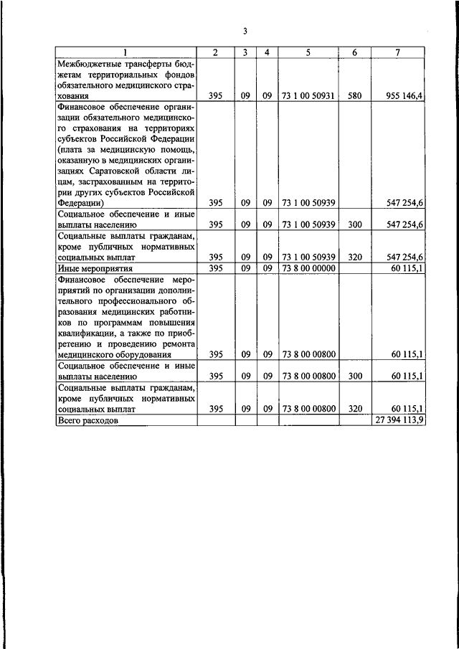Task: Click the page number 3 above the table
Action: [245, 31]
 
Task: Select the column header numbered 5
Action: [308, 52]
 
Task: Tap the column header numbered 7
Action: [398, 52]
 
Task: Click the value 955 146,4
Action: [404, 95]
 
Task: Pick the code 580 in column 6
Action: [354, 95]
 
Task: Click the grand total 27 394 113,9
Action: [399, 421]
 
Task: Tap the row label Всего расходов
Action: [87, 421]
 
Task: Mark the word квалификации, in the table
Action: [87, 333]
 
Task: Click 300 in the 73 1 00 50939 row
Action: [354, 224]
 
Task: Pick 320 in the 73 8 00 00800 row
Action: [354, 409]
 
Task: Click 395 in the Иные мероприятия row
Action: [215, 268]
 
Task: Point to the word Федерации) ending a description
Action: [80, 203]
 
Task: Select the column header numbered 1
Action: [126, 52]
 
